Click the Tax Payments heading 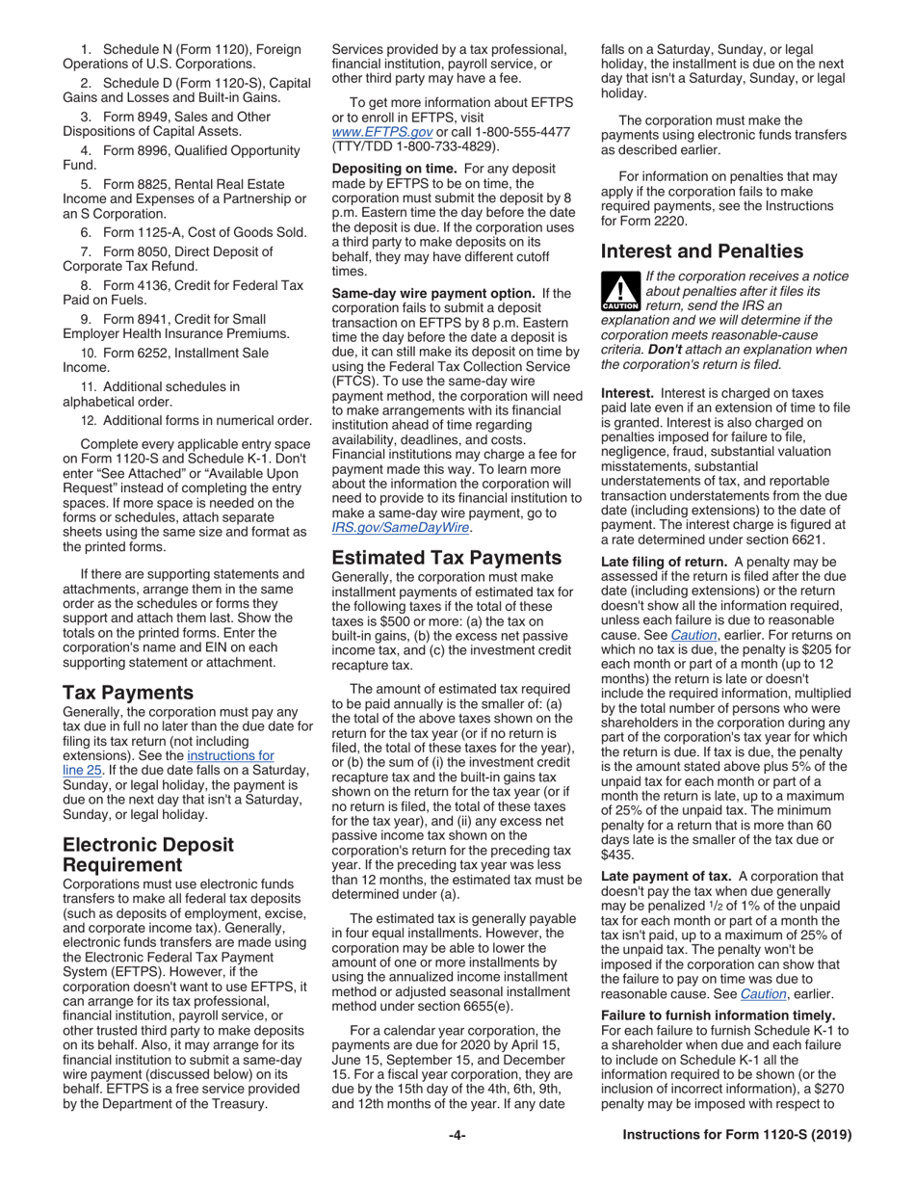pyautogui.click(x=128, y=693)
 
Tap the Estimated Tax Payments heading pyautogui.click(x=447, y=557)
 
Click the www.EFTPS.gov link pyautogui.click(x=381, y=132)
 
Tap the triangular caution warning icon pyautogui.click(x=618, y=292)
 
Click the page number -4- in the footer pyautogui.click(x=457, y=1135)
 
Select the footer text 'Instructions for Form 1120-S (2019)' pyautogui.click(x=737, y=1135)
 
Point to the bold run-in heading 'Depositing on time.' pyautogui.click(x=390, y=169)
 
